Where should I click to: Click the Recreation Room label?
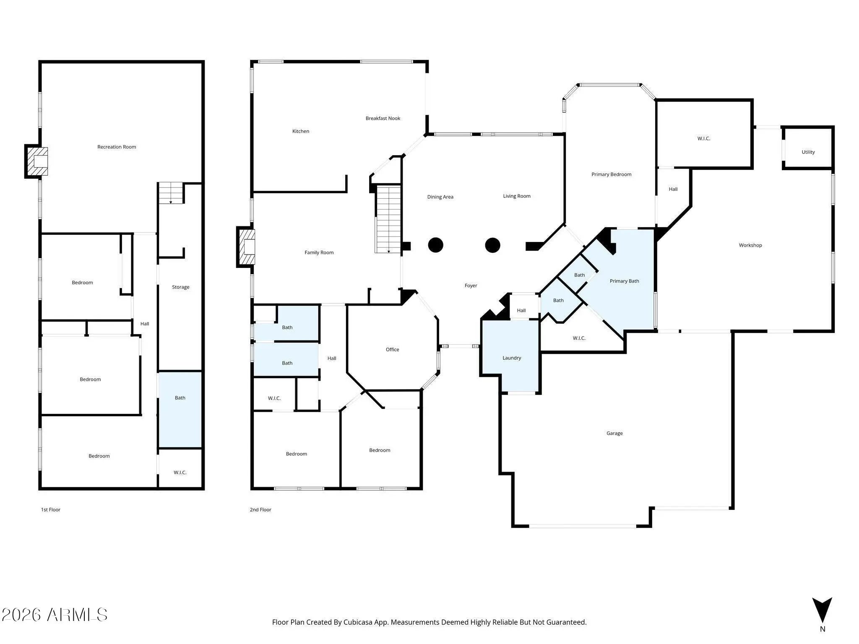pyautogui.click(x=117, y=147)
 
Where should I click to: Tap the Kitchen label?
pyautogui.click(x=301, y=131)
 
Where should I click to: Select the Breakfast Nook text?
pyautogui.click(x=383, y=118)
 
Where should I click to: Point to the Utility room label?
pyautogui.click(x=808, y=152)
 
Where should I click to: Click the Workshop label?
pyautogui.click(x=750, y=245)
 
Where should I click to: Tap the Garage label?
pyautogui.click(x=614, y=433)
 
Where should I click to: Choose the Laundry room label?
pyautogui.click(x=512, y=358)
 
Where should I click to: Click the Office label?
pyautogui.click(x=393, y=349)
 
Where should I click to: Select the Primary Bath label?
pyautogui.click(x=625, y=281)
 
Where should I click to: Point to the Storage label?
pyautogui.click(x=181, y=287)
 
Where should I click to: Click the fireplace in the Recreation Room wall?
pyautogui.click(x=36, y=161)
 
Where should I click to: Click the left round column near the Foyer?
pyautogui.click(x=436, y=245)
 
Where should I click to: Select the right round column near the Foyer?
pyautogui.click(x=492, y=245)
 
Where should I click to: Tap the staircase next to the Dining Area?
pyautogui.click(x=388, y=219)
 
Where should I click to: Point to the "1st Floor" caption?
pyautogui.click(x=51, y=510)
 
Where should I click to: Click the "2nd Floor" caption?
pyautogui.click(x=260, y=510)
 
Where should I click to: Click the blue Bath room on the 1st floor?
pyautogui.click(x=180, y=410)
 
